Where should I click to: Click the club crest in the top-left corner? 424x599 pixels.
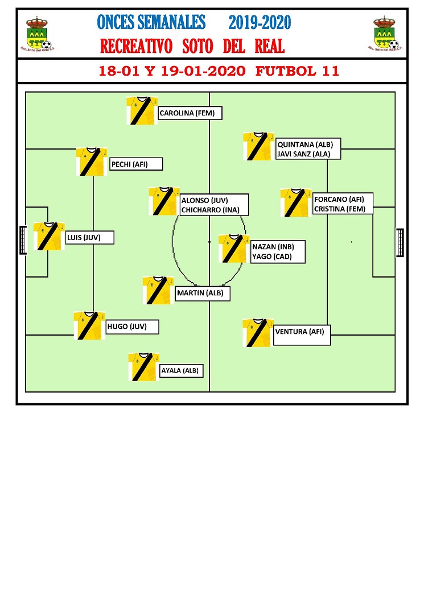[x=38, y=34]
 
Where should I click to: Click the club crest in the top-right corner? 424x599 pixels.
[x=385, y=34]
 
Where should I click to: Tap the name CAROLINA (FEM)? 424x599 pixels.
[x=187, y=113]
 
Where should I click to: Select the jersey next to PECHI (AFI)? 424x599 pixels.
[x=92, y=162]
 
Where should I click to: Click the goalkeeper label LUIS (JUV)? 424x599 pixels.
[x=84, y=237]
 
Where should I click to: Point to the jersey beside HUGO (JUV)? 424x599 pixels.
[x=89, y=325]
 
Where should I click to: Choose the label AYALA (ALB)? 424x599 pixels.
[x=180, y=370]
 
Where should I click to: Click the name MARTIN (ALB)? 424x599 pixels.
[x=200, y=293]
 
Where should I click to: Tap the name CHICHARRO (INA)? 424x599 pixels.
[x=210, y=210]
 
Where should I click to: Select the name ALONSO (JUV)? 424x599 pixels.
[x=204, y=200]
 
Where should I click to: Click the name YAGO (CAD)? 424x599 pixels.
[x=272, y=257]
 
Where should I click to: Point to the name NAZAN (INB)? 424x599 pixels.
[x=273, y=247]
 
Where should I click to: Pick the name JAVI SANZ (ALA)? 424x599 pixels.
[x=303, y=154]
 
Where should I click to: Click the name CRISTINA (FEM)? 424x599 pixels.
[x=340, y=209]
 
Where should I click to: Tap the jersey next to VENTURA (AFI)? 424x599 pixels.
[x=258, y=333]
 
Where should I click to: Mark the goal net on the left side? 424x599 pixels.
[x=23, y=240]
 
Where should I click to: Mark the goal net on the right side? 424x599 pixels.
[x=400, y=242]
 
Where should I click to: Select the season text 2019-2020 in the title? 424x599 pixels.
[x=260, y=22]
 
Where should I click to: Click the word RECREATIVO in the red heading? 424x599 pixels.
[x=136, y=46]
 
